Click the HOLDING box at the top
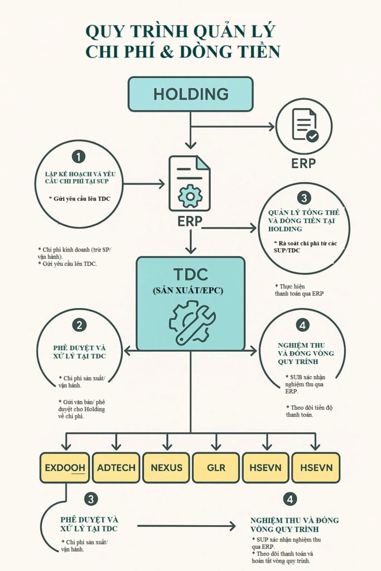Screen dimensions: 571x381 click(x=190, y=94)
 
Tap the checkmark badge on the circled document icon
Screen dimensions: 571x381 click(x=312, y=136)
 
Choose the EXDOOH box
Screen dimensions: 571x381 click(x=65, y=467)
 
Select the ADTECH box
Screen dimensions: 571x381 click(x=116, y=467)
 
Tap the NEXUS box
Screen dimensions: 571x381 click(x=166, y=467)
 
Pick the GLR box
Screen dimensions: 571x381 click(x=216, y=467)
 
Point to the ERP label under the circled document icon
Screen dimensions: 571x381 click(x=303, y=163)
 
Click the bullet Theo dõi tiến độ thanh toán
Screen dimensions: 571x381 click(x=308, y=411)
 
